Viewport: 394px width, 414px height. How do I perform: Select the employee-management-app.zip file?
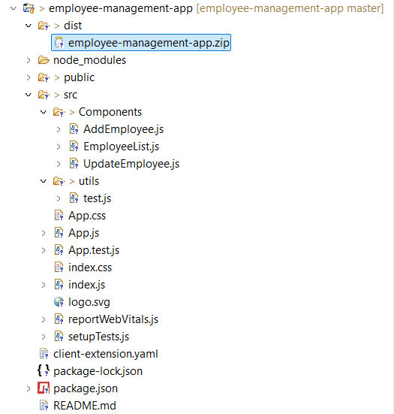point(149,43)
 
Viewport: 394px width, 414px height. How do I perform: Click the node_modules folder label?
point(89,60)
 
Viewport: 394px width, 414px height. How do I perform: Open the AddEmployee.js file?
point(123,129)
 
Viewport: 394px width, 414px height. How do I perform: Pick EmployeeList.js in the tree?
point(122,147)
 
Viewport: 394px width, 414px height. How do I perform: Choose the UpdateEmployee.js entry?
point(131,164)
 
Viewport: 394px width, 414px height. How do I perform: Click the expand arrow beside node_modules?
point(29,60)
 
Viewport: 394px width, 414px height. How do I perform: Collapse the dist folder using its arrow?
point(29,26)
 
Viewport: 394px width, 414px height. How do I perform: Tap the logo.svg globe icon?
point(59,302)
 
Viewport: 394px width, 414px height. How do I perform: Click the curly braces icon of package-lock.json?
point(44,370)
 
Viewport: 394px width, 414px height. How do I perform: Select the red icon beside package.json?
point(44,388)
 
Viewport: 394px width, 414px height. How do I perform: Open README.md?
point(85,406)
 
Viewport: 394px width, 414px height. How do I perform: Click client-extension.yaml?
point(106,354)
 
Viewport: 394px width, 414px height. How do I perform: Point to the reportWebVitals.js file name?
point(113,319)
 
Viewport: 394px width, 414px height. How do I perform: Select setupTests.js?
point(98,337)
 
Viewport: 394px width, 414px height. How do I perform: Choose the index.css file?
point(90,267)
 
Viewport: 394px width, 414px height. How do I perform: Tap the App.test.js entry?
point(94,250)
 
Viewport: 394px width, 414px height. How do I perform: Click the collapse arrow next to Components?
point(44,112)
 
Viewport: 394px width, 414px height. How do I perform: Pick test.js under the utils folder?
point(98,198)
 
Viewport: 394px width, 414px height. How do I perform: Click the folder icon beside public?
point(44,77)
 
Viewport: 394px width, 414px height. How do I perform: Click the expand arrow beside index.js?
point(44,285)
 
